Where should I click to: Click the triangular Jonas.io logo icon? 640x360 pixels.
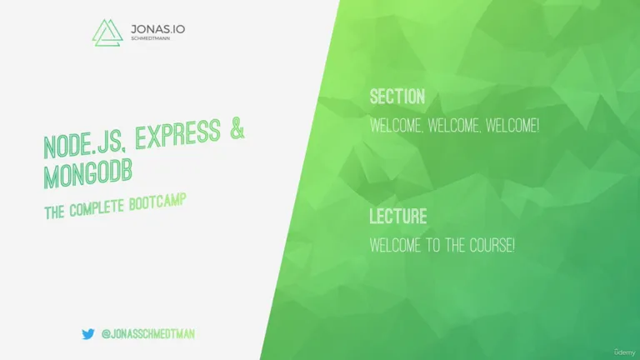click(107, 32)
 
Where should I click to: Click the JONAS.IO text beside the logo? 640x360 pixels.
click(158, 29)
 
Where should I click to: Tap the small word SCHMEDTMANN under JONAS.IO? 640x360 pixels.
click(150, 38)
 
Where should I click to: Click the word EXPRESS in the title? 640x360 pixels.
click(178, 133)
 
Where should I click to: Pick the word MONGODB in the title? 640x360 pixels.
click(88, 173)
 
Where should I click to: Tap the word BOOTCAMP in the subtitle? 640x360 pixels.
click(157, 202)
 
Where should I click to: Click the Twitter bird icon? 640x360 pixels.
click(87, 334)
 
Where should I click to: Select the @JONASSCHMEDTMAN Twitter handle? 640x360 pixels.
click(147, 334)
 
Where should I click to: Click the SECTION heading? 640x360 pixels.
click(397, 97)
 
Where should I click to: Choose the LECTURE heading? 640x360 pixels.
click(398, 217)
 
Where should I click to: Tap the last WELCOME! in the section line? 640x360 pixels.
click(512, 126)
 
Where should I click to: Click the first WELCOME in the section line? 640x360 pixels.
click(396, 126)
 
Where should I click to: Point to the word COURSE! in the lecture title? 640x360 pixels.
click(492, 245)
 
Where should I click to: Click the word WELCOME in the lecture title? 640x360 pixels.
click(395, 245)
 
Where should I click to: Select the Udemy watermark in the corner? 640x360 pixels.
click(624, 352)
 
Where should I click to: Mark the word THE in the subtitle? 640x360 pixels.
click(54, 212)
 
